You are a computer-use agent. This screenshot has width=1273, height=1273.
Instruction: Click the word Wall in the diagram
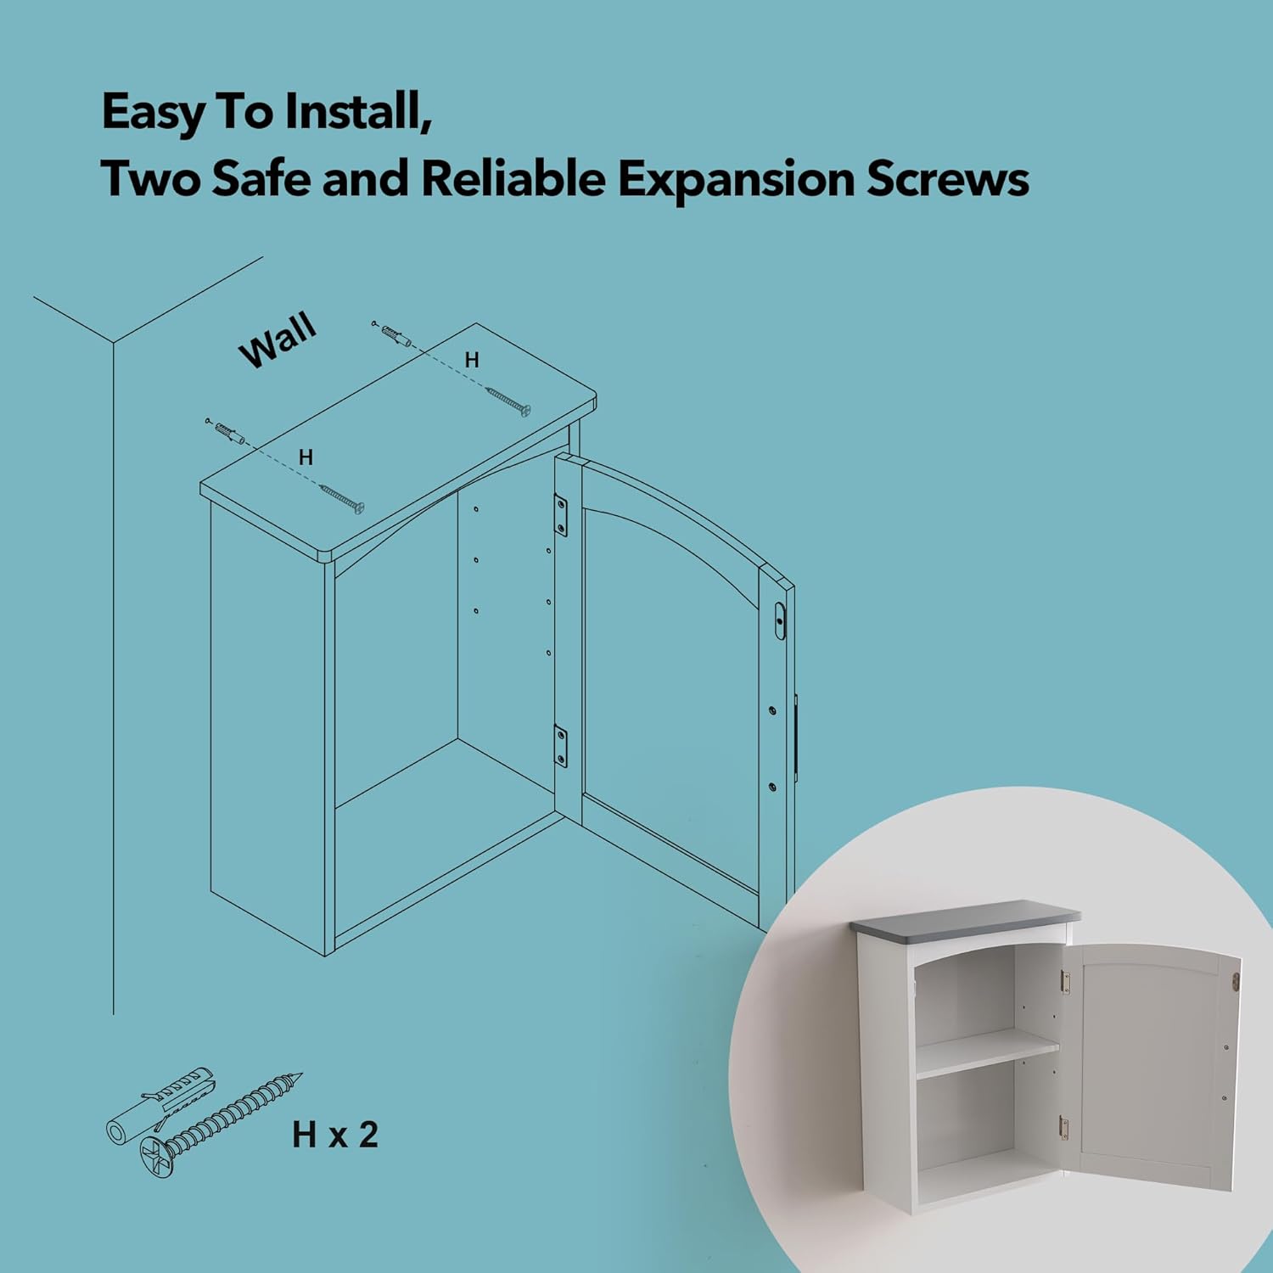pyautogui.click(x=278, y=340)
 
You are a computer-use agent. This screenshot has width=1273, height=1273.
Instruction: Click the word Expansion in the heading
pyautogui.click(x=735, y=179)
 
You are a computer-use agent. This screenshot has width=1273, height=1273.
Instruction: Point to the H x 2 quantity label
pyautogui.click(x=334, y=1135)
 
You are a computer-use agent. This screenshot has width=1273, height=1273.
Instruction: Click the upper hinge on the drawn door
pyautogui.click(x=561, y=515)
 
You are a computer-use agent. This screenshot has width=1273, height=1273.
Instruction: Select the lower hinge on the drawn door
pyautogui.click(x=561, y=745)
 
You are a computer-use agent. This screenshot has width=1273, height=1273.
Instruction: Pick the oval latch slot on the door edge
pyautogui.click(x=780, y=621)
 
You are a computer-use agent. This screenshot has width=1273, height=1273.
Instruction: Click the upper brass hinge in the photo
pyautogui.click(x=1066, y=983)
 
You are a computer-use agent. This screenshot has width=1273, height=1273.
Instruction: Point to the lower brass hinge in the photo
pyautogui.click(x=1063, y=1128)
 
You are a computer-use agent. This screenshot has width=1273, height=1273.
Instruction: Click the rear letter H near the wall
pyautogui.click(x=472, y=361)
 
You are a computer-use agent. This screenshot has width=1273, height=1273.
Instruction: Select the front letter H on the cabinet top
pyautogui.click(x=306, y=457)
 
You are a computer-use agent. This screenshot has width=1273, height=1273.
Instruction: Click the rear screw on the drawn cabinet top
pyautogui.click(x=508, y=401)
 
